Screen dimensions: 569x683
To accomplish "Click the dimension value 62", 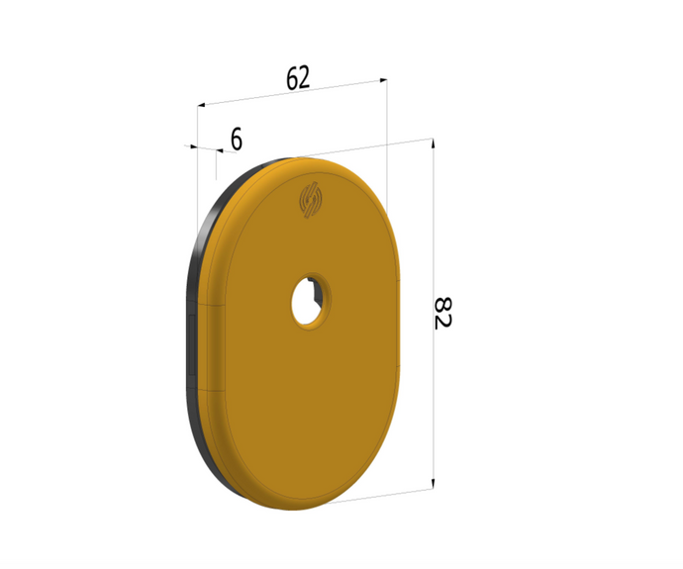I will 298,78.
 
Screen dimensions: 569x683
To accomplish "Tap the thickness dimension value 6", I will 236,140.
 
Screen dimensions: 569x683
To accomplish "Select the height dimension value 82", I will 442,313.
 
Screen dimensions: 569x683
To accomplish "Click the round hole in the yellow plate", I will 310,300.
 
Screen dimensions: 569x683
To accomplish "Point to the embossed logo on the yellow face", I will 312,200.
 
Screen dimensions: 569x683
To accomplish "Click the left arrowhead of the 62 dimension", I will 202,103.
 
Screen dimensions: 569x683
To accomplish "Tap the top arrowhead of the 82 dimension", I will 433,143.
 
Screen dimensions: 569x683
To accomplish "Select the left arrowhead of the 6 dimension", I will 190,146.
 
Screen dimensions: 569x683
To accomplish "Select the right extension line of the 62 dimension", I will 387,148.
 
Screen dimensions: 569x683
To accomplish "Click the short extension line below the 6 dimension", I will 216,168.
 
